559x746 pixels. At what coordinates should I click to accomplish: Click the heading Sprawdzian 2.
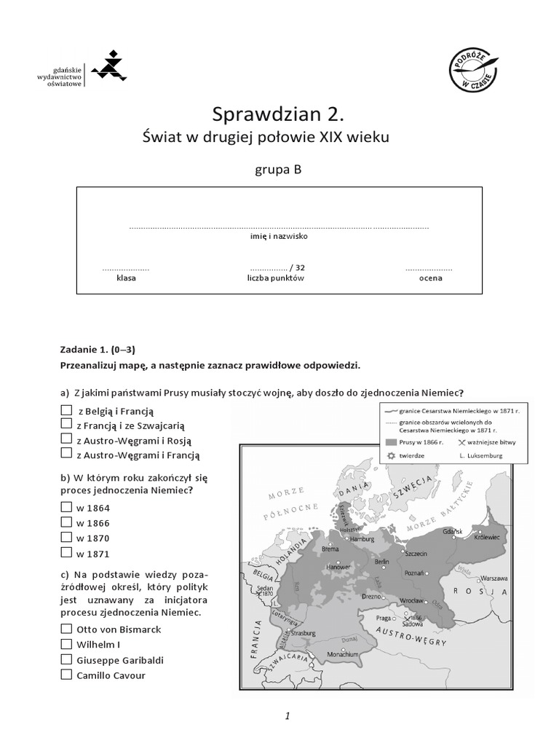tap(276, 114)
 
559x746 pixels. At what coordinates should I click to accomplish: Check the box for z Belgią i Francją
tap(67, 410)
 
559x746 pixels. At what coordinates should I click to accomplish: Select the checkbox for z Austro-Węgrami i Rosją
tap(67, 439)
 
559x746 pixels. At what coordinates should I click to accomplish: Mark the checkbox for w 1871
tap(67, 552)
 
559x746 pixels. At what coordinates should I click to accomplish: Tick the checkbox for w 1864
tap(67, 507)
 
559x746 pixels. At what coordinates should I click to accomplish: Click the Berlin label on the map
tap(381, 562)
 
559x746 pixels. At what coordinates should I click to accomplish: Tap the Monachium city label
tap(342, 654)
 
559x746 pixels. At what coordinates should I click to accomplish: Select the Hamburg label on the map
tap(362, 539)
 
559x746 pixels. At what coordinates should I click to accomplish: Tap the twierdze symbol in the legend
tap(392, 455)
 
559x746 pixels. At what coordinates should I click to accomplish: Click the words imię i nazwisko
tap(279, 237)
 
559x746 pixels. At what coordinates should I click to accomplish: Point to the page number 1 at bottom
tap(288, 715)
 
